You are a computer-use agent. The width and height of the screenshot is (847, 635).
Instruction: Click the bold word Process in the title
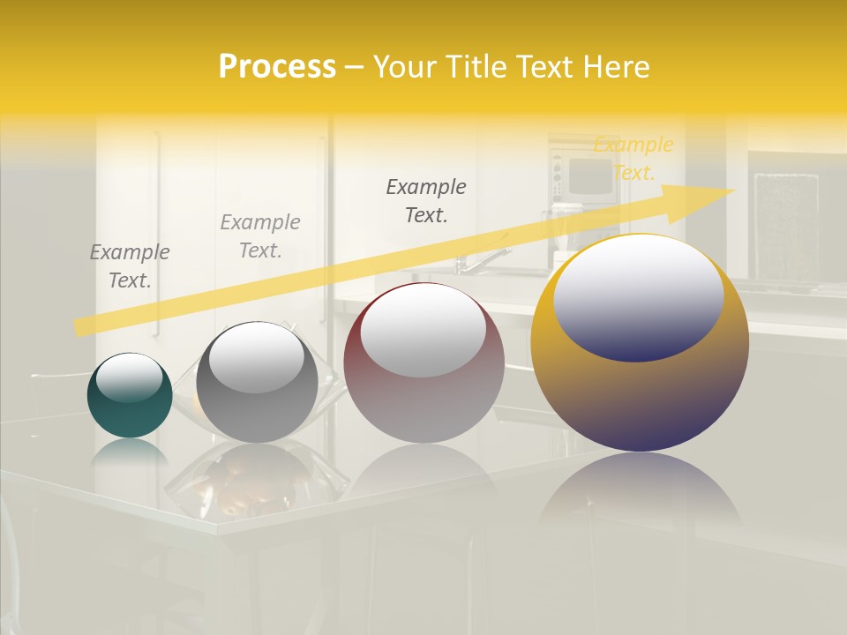pyautogui.click(x=277, y=67)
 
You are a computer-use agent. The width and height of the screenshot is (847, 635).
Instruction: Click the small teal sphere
pyautogui.click(x=130, y=410)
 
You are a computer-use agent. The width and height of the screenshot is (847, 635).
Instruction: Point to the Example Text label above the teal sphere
pyautogui.click(x=130, y=266)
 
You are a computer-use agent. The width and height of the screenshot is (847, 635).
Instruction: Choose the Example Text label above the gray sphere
pyautogui.click(x=260, y=236)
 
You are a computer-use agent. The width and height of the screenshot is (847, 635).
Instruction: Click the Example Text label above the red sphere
pyautogui.click(x=426, y=200)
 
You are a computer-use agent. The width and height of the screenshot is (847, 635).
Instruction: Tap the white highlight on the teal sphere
pyautogui.click(x=130, y=377)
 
